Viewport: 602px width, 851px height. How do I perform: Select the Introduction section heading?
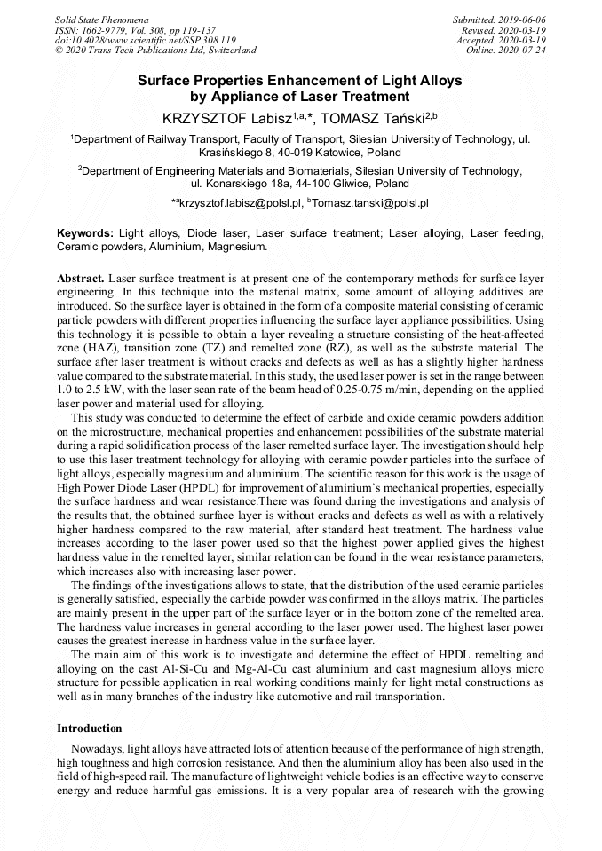click(x=90, y=728)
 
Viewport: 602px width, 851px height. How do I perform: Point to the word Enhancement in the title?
click(x=301, y=80)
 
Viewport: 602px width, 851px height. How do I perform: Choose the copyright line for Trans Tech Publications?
click(x=155, y=51)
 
